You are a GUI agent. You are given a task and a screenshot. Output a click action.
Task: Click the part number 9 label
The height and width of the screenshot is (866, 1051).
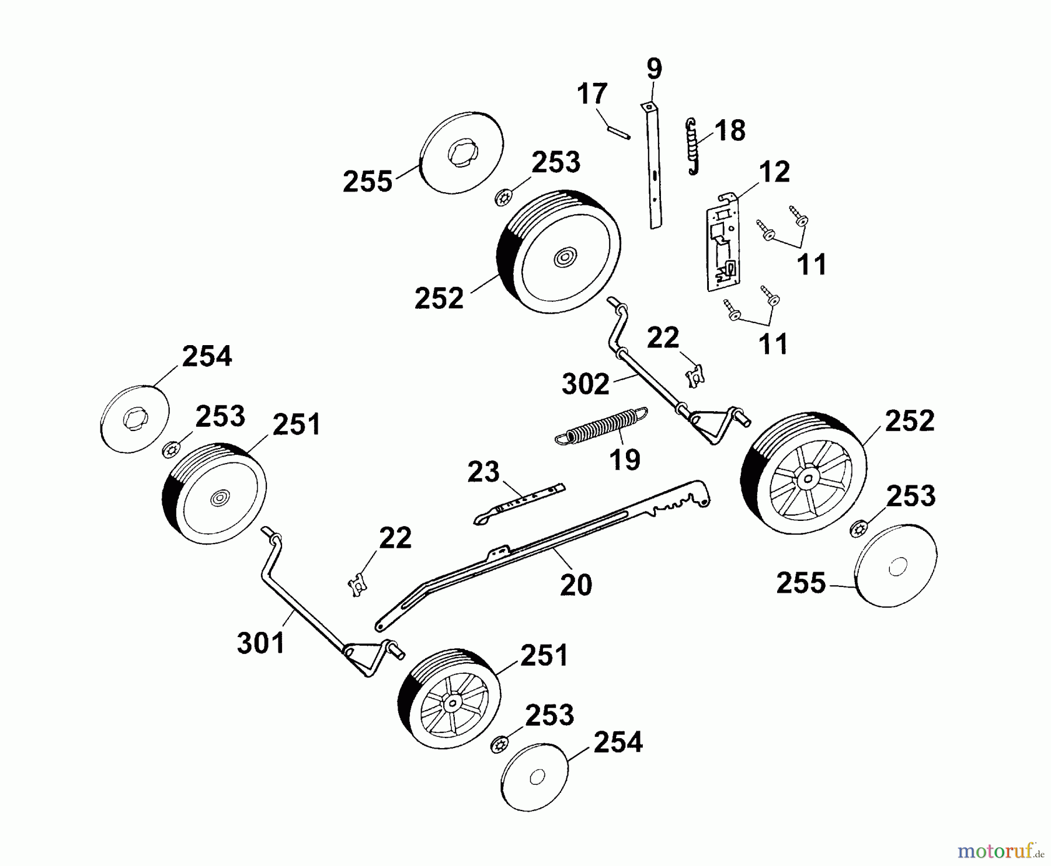[655, 69]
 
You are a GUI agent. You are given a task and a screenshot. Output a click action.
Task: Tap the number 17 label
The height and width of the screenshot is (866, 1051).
[592, 94]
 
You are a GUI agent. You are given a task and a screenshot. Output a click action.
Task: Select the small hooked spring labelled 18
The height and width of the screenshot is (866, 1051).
[692, 146]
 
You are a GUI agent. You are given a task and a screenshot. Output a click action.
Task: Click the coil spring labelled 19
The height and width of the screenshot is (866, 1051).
[601, 426]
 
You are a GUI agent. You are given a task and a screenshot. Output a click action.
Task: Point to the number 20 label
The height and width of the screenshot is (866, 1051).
[576, 585]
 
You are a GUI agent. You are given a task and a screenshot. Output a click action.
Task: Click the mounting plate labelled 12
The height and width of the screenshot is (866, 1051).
[725, 242]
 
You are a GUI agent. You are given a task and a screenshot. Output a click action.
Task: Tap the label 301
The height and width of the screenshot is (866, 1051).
[261, 643]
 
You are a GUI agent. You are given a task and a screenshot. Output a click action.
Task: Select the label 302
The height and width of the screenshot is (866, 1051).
[586, 384]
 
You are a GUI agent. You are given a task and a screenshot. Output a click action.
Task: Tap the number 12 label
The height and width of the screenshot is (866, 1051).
[775, 172]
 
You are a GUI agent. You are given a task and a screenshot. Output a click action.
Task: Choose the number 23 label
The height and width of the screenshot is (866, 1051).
[483, 472]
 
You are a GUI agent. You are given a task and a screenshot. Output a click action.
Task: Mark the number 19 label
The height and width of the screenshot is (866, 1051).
[624, 460]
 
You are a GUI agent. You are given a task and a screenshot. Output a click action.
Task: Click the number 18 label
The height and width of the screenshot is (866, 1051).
[729, 131]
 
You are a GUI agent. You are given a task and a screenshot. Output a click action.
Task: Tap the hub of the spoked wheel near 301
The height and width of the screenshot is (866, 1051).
[451, 704]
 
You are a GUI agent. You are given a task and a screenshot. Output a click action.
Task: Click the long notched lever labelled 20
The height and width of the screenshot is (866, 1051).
[543, 555]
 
